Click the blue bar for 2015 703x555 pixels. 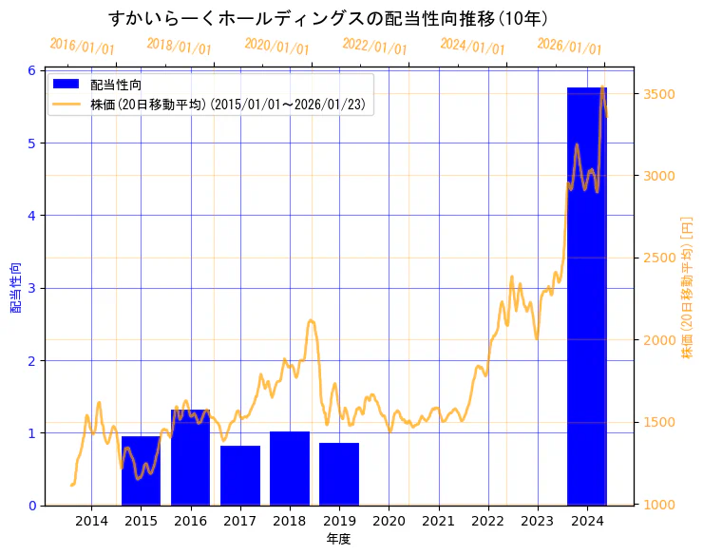pyautogui.click(x=141, y=470)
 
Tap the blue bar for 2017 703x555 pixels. pyautogui.click(x=239, y=475)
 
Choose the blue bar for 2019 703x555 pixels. pyautogui.click(x=339, y=474)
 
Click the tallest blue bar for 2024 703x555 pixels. pyautogui.click(x=587, y=296)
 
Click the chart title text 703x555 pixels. pyautogui.click(x=328, y=18)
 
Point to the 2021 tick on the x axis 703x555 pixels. pyautogui.click(x=438, y=520)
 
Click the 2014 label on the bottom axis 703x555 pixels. pyautogui.click(x=91, y=520)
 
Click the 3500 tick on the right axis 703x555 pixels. pyautogui.click(x=659, y=94)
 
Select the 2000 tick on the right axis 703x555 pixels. pyautogui.click(x=659, y=340)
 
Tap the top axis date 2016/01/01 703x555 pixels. pyautogui.click(x=82, y=47)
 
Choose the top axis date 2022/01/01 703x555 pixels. pyautogui.click(x=374, y=47)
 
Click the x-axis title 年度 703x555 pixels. pyautogui.click(x=339, y=539)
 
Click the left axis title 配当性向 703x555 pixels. pyautogui.click(x=15, y=287)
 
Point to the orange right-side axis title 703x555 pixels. pyautogui.click(x=687, y=287)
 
